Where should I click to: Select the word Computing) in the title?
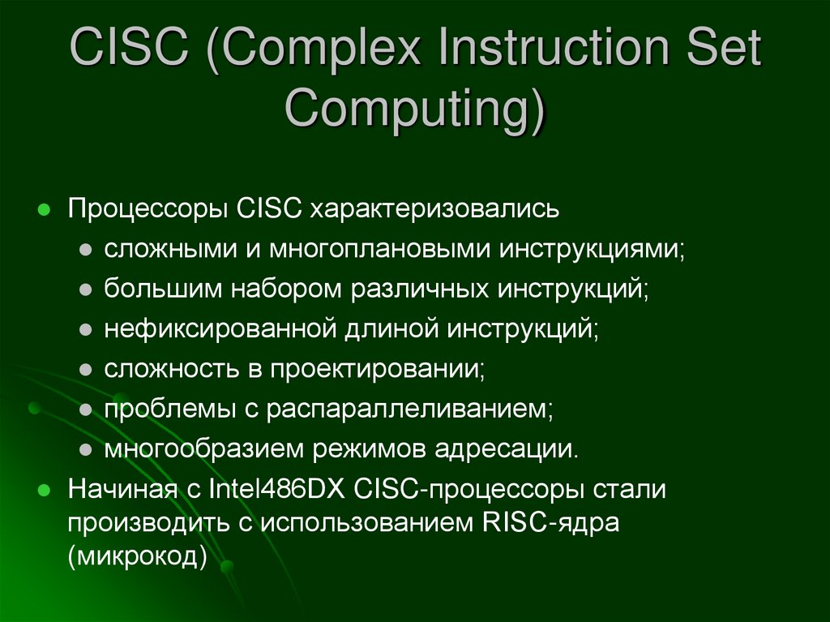[414, 108]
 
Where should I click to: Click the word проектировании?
[377, 370]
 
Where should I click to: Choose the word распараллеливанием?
[409, 410]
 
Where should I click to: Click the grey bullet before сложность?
[85, 370]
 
